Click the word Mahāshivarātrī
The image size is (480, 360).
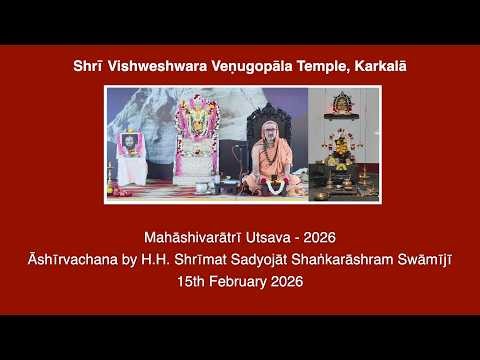coord(191,237)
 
